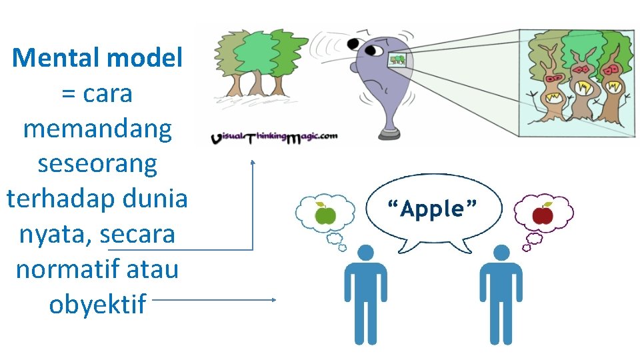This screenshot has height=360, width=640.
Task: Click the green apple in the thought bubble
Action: click(x=325, y=215)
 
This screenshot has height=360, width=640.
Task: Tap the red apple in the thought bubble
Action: click(x=543, y=214)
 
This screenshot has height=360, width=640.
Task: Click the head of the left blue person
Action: click(x=365, y=253)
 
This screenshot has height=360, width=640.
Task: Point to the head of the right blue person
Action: click(x=501, y=253)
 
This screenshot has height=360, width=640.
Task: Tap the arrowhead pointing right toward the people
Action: click(x=273, y=300)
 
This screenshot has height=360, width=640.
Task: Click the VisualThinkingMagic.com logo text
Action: click(x=274, y=137)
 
